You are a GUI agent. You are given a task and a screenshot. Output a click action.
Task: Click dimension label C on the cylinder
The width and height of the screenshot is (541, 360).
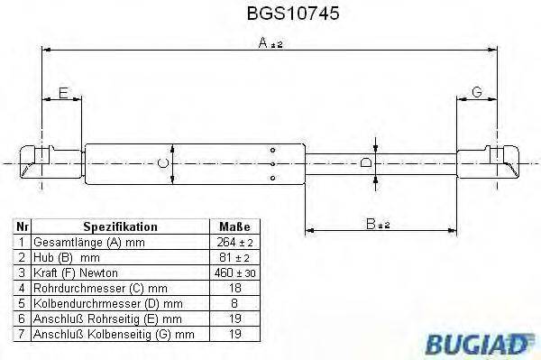162,163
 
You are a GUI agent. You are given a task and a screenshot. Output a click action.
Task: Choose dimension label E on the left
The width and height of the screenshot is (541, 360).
62,93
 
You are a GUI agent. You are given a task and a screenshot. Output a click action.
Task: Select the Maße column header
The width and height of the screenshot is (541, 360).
234,227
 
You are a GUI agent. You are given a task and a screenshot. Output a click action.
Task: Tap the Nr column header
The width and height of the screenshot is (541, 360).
23,227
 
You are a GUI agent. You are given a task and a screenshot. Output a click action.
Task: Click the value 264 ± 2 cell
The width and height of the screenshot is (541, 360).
234,243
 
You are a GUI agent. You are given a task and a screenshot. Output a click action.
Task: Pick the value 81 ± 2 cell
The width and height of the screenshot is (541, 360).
234,257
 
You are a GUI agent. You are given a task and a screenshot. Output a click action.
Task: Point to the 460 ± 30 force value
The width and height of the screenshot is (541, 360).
234,272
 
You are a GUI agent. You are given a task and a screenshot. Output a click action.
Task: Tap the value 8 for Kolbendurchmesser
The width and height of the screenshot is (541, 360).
234,302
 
